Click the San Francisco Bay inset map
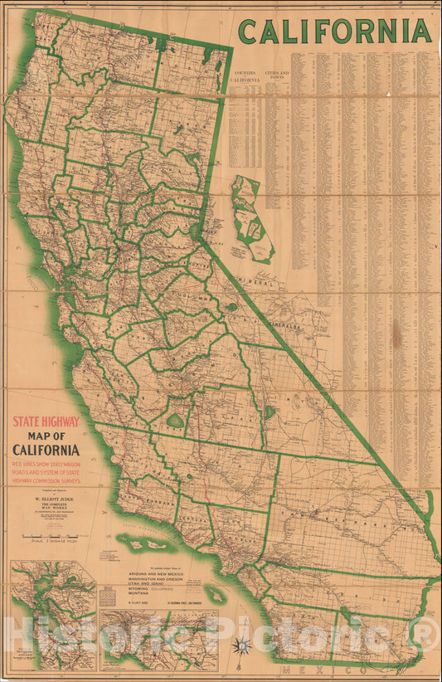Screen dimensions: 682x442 53,615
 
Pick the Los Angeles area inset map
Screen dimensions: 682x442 158,640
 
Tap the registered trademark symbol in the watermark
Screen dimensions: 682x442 427,635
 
